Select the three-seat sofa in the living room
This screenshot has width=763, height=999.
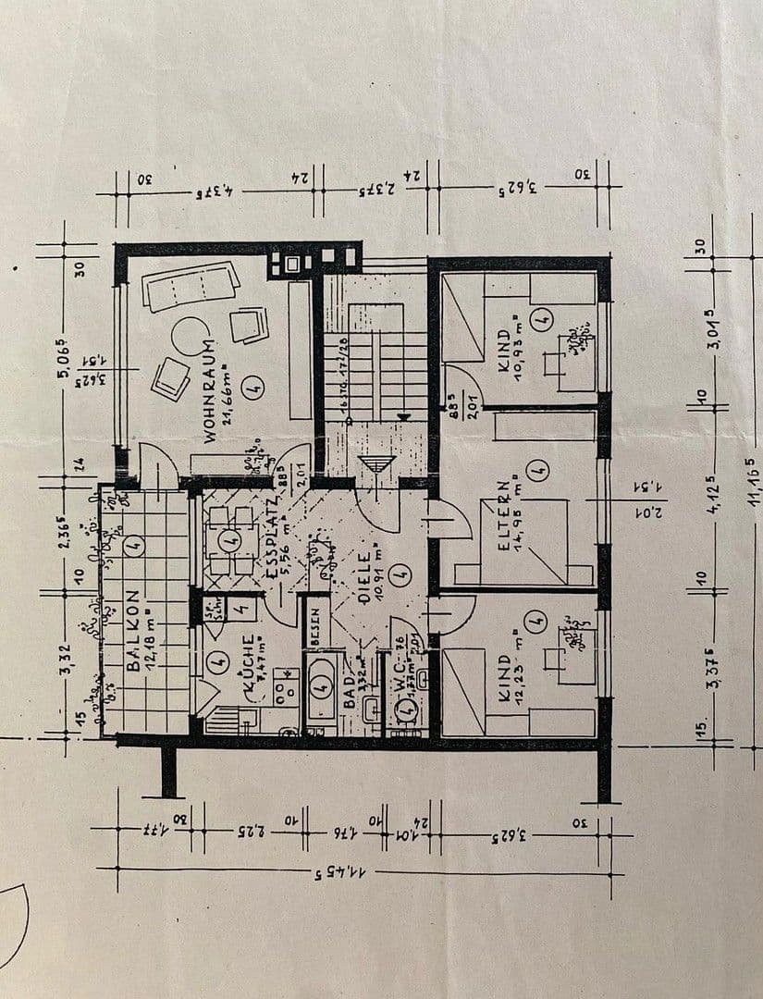(x=191, y=285)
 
